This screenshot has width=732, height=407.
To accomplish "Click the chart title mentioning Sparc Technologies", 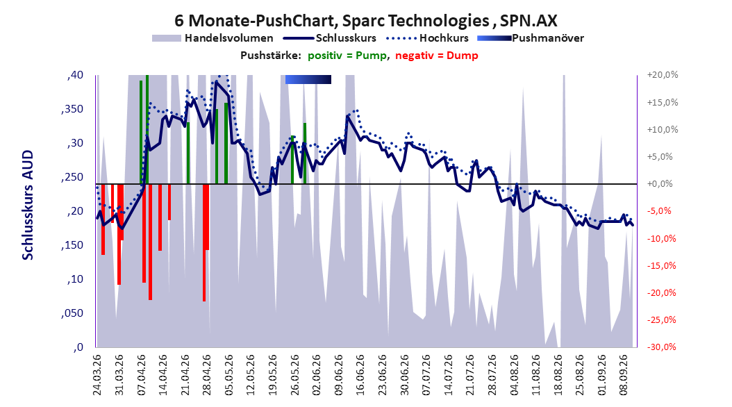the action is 365,21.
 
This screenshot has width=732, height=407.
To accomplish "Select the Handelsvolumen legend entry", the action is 213,38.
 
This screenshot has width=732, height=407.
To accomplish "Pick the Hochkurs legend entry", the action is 427,38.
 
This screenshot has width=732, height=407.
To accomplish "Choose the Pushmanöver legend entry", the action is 531,38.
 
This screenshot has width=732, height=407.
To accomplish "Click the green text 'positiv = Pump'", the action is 347,56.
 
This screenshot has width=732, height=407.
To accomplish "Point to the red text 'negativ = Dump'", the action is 437,56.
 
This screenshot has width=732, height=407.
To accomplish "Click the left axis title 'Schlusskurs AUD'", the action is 28,205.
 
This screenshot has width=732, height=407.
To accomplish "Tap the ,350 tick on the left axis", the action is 72,109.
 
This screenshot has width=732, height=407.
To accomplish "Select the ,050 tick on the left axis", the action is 72,313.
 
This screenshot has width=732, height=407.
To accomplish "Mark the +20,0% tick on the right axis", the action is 663,75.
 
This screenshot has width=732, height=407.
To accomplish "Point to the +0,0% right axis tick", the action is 660,184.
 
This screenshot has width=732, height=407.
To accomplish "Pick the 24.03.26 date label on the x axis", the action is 97,375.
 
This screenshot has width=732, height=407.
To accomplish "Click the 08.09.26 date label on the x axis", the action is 624,375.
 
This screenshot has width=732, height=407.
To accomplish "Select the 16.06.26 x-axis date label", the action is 360,375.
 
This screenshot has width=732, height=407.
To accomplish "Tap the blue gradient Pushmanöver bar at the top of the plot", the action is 308,80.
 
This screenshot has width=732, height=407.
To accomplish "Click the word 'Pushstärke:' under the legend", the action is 268,56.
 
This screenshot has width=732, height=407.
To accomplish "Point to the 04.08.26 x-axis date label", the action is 514,375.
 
